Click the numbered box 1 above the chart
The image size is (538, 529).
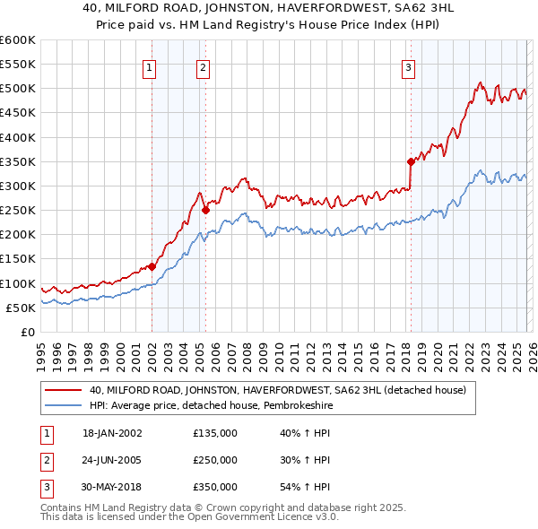[149, 66]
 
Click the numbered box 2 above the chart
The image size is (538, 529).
[204, 66]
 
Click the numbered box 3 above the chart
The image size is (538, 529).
[408, 66]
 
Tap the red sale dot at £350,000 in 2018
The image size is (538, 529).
[411, 162]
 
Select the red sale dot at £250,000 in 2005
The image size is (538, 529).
[205, 211]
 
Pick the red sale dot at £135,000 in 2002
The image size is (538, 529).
[152, 266]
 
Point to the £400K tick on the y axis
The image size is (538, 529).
[17, 137]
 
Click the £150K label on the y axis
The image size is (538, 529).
[17, 259]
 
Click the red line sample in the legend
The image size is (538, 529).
[64, 391]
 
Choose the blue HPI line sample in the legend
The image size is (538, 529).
[64, 406]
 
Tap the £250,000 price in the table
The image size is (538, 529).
[215, 460]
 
